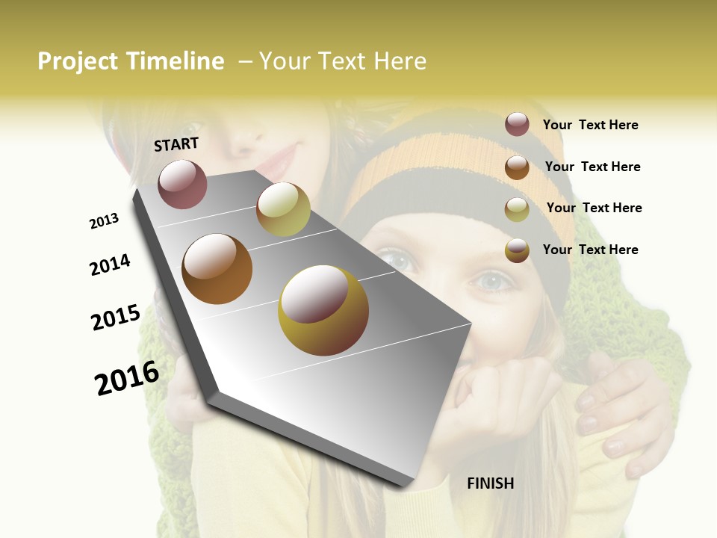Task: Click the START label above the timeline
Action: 176,144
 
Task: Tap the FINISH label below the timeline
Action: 490,483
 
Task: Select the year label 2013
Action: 104,221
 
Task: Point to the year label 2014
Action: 110,265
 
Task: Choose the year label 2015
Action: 116,318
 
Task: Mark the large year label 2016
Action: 127,378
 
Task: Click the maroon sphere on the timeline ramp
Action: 182,184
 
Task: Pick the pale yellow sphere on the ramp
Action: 283,208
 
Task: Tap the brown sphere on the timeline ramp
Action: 217,269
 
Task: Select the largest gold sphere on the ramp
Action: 323,310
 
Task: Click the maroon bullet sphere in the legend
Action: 517,125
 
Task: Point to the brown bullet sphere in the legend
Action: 517,167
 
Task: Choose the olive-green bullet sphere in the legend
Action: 517,209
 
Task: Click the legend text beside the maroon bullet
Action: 590,126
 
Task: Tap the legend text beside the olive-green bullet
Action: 594,208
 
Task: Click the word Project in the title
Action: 78,61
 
